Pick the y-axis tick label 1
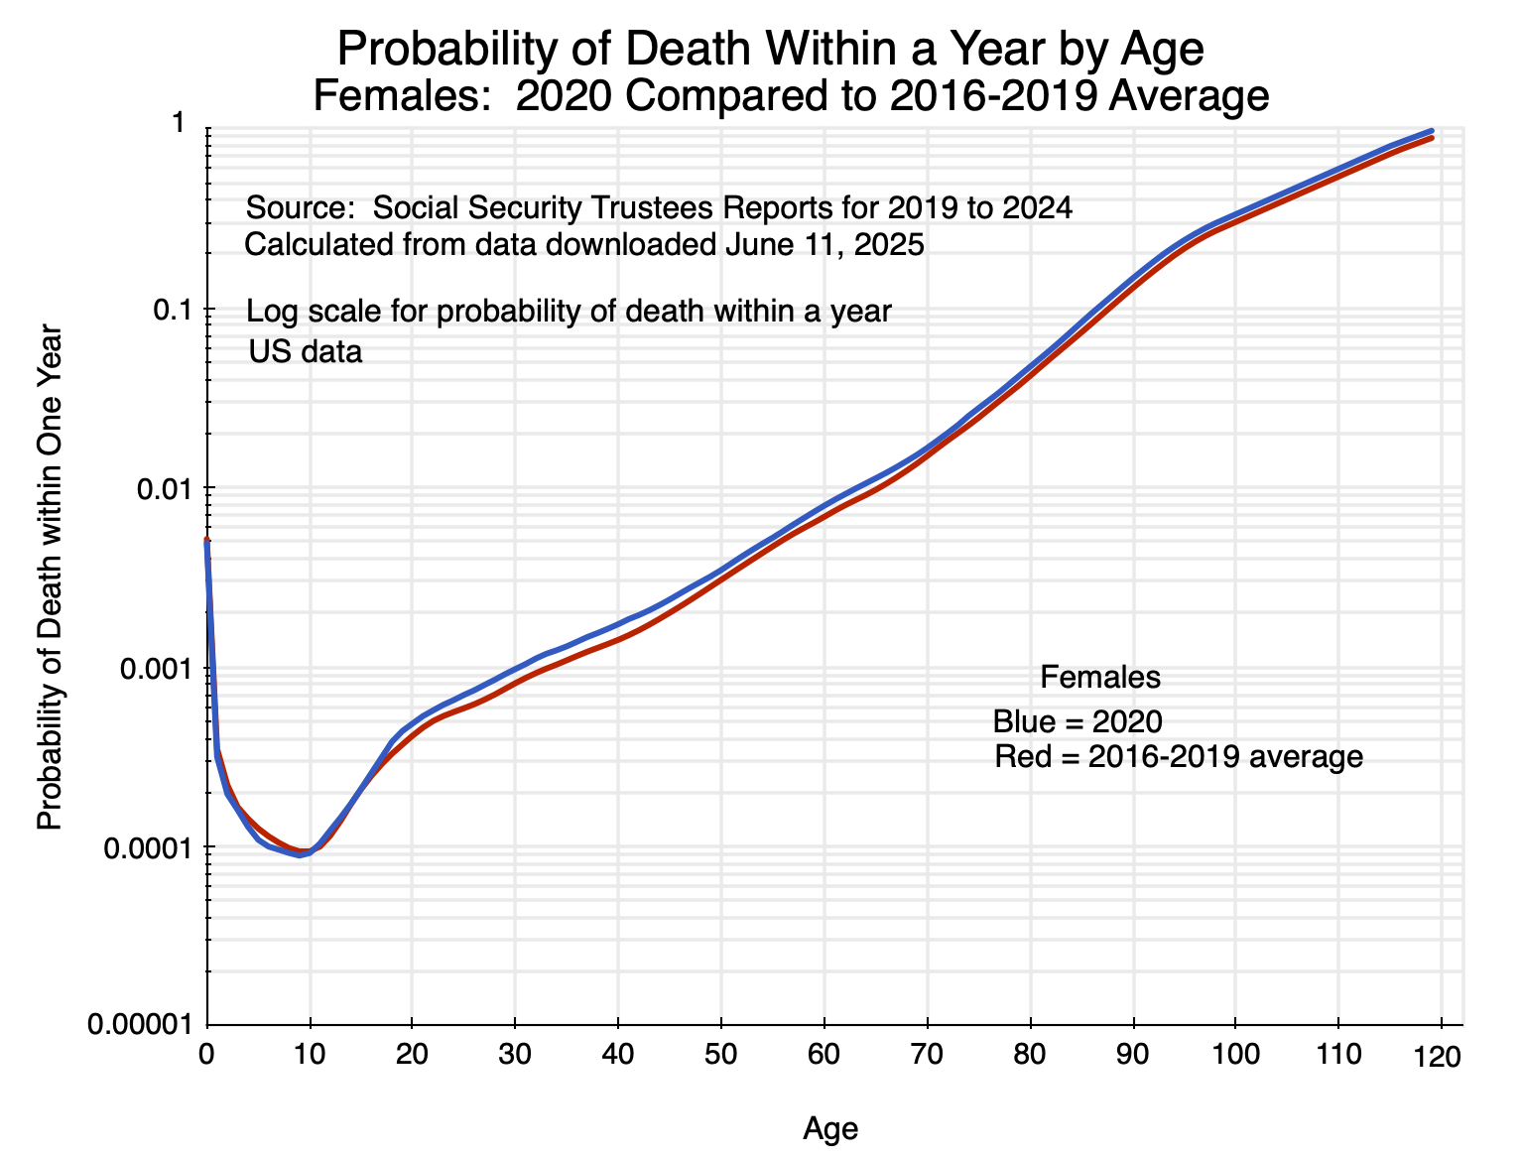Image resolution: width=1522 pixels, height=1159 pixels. tap(180, 123)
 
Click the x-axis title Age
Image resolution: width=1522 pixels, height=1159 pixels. tap(830, 1128)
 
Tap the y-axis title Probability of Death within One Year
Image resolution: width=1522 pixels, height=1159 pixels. tap(50, 578)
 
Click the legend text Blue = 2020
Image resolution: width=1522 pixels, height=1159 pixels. tap(1078, 721)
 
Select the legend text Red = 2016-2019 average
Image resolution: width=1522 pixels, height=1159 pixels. tap(1179, 757)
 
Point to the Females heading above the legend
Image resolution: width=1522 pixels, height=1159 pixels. tap(1100, 678)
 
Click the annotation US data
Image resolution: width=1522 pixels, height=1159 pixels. tap(306, 351)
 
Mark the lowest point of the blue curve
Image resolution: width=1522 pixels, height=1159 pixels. tap(299, 855)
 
